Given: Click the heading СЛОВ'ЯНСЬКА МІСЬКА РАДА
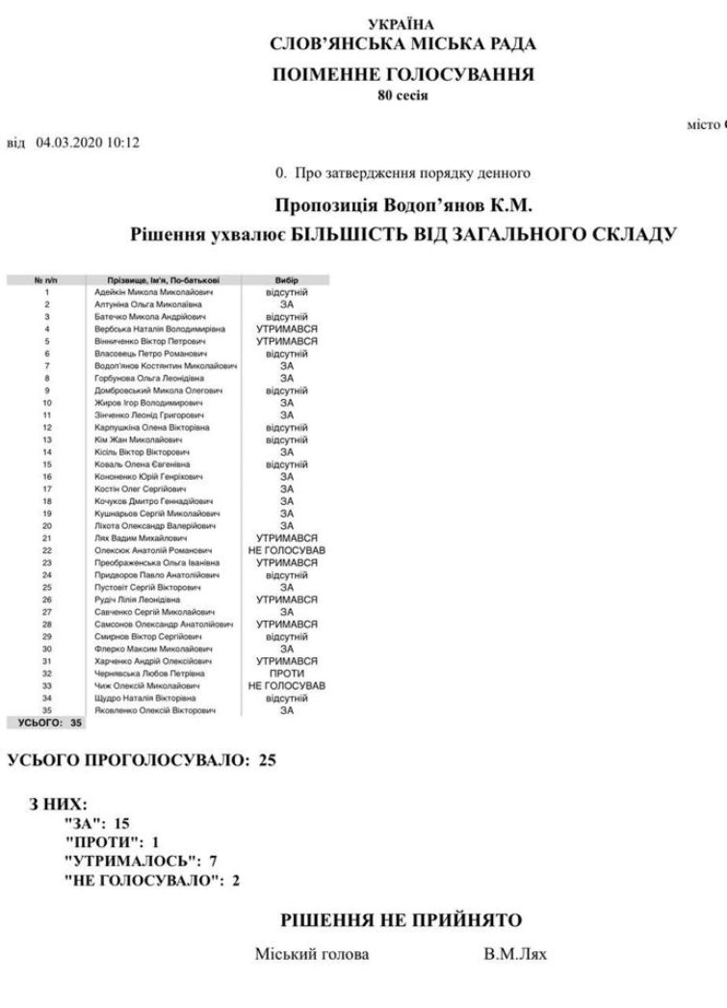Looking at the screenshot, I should [x=403, y=43].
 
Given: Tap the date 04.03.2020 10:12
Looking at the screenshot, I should [x=89, y=144].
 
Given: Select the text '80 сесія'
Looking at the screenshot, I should [x=403, y=94].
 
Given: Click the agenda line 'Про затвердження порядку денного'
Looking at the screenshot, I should [x=409, y=173].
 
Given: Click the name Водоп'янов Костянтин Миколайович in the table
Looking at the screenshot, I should [x=167, y=365].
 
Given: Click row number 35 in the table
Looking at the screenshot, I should [x=46, y=710].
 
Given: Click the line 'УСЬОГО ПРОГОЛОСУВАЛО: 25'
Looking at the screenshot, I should [x=142, y=761].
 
